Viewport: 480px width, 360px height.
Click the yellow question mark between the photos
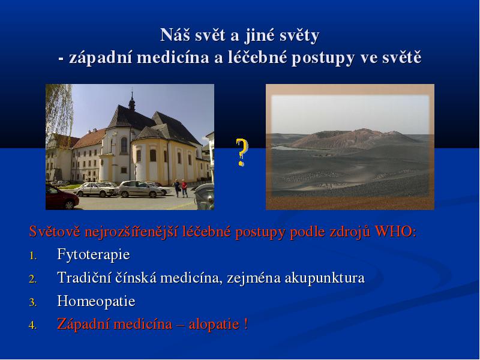click(x=242, y=152)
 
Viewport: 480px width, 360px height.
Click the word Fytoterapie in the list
click(x=94, y=254)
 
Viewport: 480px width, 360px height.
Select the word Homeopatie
click(x=96, y=301)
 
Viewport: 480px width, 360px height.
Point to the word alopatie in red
click(x=214, y=325)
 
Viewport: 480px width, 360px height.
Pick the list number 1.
click(x=33, y=256)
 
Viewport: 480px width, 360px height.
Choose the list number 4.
click(x=33, y=325)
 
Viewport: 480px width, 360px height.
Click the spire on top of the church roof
click(x=132, y=100)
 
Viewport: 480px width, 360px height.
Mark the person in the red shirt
click(x=184, y=188)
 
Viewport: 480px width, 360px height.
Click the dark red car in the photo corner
click(x=62, y=197)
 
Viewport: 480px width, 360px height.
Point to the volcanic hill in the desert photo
click(x=350, y=139)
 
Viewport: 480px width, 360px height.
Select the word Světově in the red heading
click(x=55, y=232)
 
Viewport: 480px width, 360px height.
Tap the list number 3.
click(x=33, y=302)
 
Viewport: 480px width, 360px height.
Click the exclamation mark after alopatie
click(x=246, y=324)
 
